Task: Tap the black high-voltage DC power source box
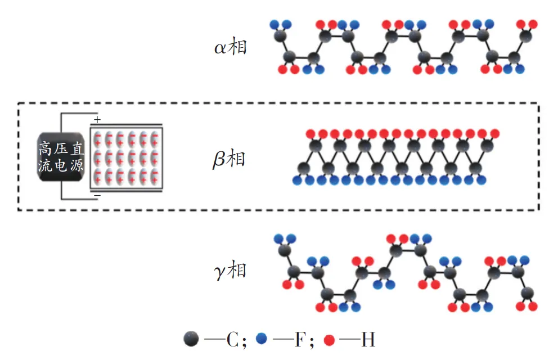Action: (x=61, y=157)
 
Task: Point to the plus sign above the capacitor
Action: (x=97, y=120)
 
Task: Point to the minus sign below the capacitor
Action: (x=97, y=195)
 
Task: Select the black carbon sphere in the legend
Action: (x=191, y=339)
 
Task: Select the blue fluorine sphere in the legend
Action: (x=261, y=339)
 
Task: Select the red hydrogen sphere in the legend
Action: (x=330, y=340)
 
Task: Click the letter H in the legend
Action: (x=369, y=340)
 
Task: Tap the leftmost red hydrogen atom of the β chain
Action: (x=310, y=134)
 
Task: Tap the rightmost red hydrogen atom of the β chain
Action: (x=494, y=134)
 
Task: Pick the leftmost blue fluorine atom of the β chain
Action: (x=297, y=180)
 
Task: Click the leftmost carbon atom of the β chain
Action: (x=304, y=167)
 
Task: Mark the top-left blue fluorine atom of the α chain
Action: (x=274, y=25)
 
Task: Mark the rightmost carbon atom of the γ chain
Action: (x=528, y=292)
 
